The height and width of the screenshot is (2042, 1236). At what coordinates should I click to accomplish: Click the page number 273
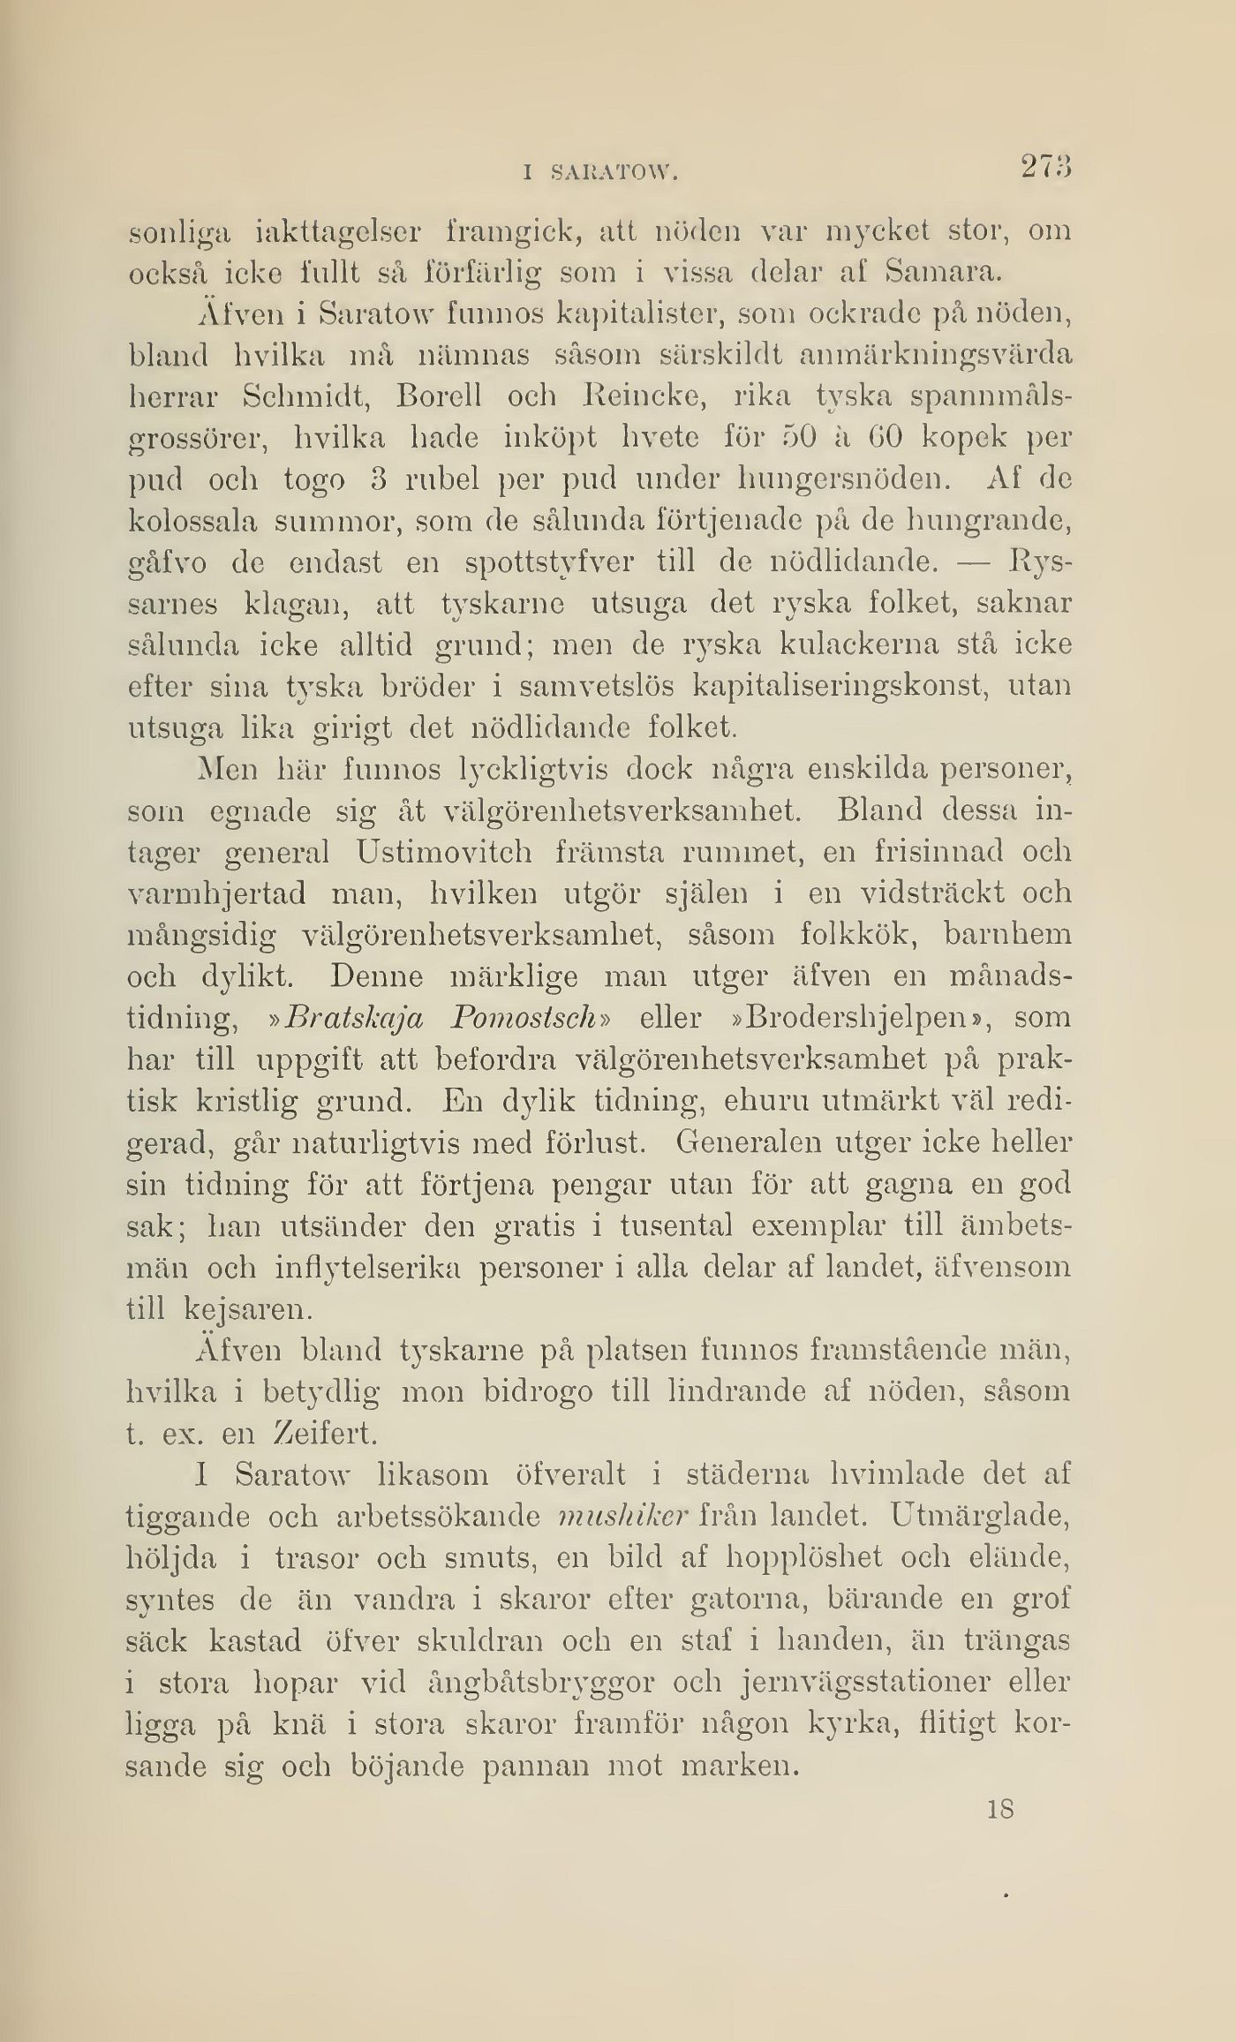1046,167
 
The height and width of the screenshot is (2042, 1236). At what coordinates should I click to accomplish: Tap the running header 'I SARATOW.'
599,174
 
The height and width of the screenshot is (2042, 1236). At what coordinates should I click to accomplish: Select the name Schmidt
305,397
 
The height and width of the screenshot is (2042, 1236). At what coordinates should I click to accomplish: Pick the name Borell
439,397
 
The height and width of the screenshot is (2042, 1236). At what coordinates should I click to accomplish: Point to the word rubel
441,481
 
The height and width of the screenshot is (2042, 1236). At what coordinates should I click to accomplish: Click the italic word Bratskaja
354,1018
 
